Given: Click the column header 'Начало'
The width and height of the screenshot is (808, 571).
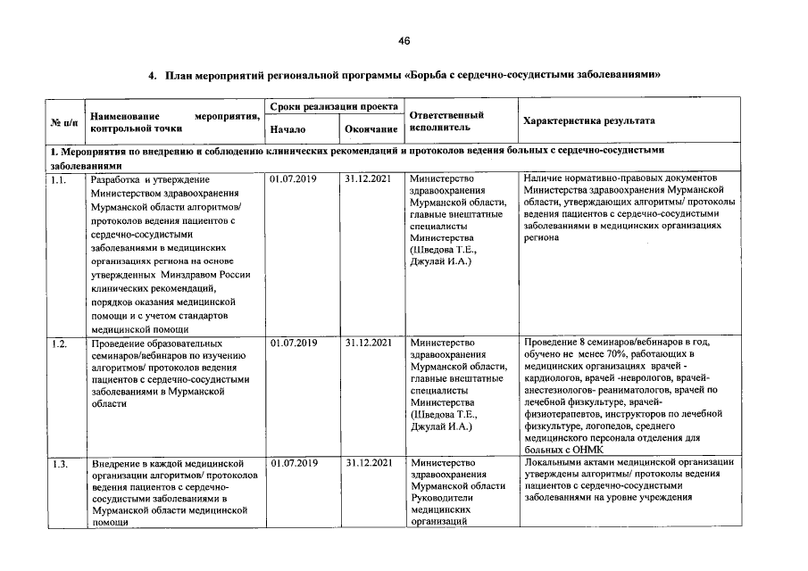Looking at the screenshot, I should (x=287, y=129).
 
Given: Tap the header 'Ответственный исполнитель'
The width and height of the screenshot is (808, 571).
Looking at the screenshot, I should (x=446, y=121).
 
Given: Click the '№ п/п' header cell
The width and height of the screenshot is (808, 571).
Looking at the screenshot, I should (x=63, y=121).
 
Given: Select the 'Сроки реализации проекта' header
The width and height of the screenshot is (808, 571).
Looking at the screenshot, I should (x=333, y=106).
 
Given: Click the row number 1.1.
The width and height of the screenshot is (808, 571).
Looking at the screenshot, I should (x=60, y=180).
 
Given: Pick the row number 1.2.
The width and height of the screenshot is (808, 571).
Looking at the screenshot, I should (x=60, y=343).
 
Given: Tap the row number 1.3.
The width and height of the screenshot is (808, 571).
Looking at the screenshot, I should (x=60, y=464).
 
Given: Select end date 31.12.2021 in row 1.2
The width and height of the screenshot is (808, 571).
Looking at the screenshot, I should (x=368, y=342).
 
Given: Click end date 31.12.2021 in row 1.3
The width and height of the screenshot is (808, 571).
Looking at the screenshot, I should (x=368, y=463).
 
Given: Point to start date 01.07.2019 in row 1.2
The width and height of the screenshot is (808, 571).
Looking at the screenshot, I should (x=293, y=342).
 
